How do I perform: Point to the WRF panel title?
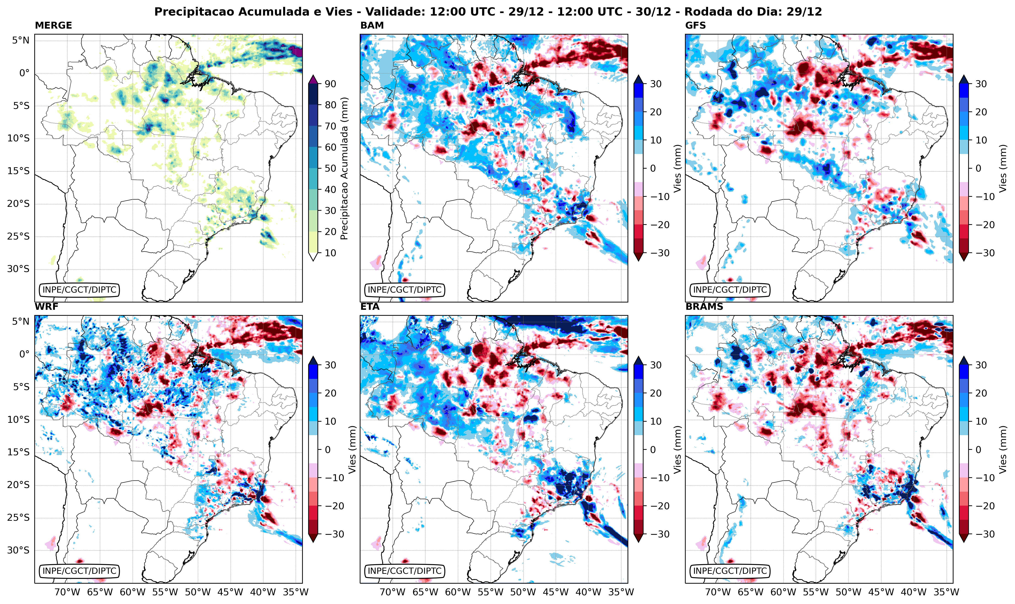pyautogui.click(x=46, y=307)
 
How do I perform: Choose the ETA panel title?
pyautogui.click(x=370, y=307)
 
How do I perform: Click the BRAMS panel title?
pyautogui.click(x=704, y=307)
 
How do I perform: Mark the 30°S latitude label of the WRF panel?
pyautogui.click(x=18, y=550)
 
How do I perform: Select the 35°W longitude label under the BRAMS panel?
pyautogui.click(x=946, y=592)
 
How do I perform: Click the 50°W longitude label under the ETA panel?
pyautogui.click(x=523, y=592)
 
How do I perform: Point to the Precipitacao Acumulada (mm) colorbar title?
pyautogui.click(x=344, y=168)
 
